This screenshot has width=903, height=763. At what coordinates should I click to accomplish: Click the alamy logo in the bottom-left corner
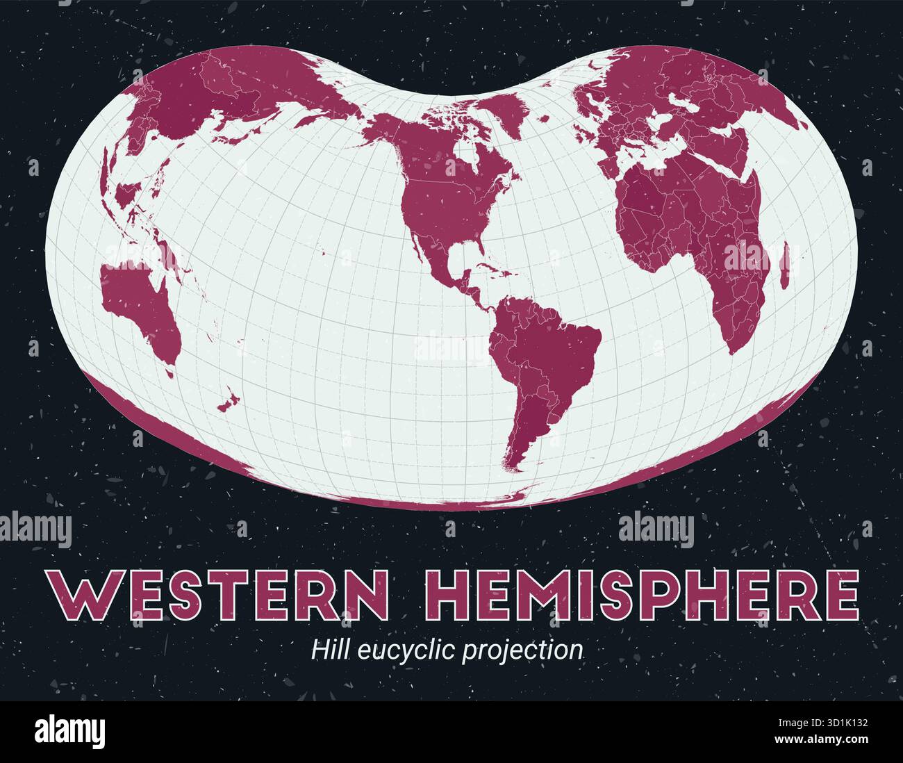(x=69, y=732)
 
